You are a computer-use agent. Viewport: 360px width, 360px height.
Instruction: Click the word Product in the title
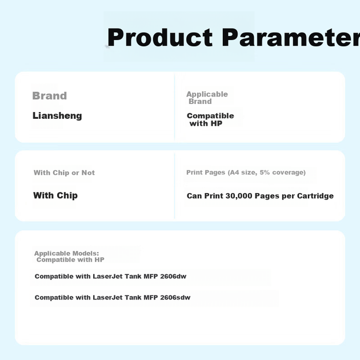tap(160, 37)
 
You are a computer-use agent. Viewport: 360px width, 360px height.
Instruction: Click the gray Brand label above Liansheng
tap(50, 96)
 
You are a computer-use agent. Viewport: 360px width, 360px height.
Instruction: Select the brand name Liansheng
tap(57, 115)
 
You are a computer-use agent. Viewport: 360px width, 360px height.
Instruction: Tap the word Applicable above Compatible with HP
tap(207, 94)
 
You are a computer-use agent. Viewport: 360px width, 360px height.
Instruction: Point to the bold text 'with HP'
tap(206, 123)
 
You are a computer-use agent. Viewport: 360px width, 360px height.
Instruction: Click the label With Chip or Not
tap(64, 173)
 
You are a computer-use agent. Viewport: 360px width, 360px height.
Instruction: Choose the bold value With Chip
tap(55, 195)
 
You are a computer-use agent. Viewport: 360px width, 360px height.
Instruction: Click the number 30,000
tap(239, 196)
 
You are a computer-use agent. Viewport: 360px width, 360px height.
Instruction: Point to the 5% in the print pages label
tap(265, 173)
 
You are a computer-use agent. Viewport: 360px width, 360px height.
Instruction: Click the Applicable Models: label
tap(67, 254)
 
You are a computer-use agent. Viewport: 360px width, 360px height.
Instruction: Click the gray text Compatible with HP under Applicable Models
tap(70, 259)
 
